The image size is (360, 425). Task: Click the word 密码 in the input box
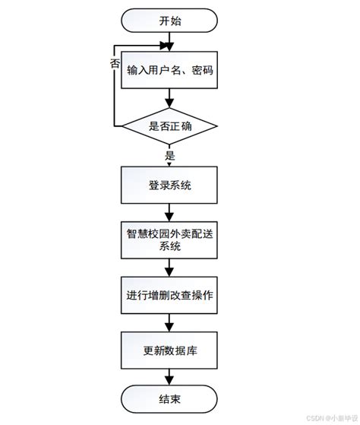(x=201, y=72)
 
